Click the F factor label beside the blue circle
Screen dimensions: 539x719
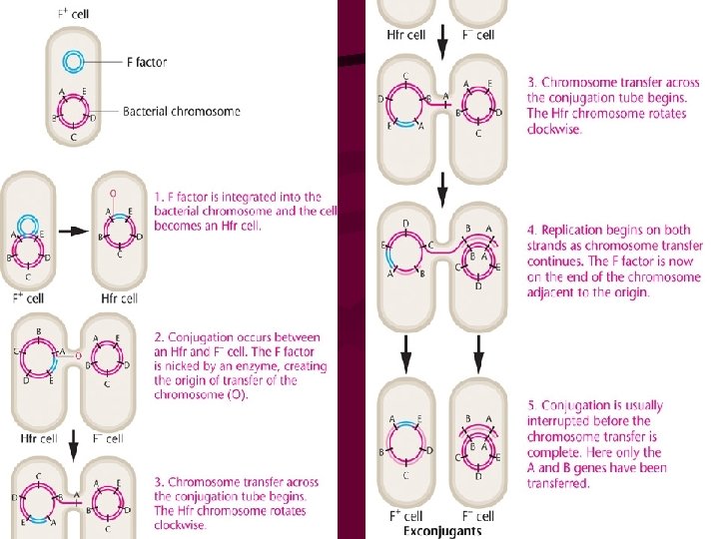[145, 62]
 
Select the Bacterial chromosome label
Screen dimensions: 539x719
[181, 111]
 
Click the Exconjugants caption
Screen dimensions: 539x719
[442, 531]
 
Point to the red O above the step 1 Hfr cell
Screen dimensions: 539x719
[114, 192]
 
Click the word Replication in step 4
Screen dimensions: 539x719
[571, 232]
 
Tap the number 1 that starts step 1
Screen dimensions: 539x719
[158, 198]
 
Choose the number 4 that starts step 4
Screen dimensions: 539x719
[531, 232]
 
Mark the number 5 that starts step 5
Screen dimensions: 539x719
[531, 405]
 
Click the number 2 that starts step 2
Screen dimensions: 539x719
[158, 336]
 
